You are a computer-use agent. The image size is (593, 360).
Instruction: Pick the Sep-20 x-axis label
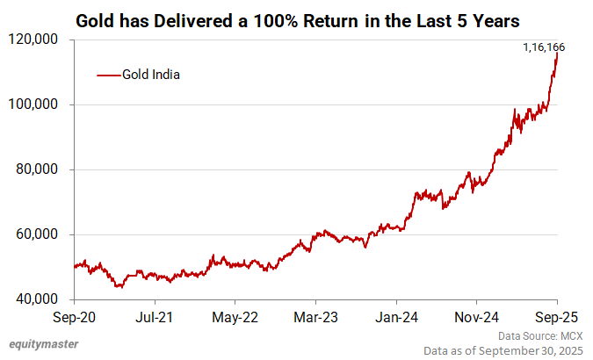coord(75,317)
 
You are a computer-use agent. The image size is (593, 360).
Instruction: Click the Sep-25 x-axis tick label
coord(556,317)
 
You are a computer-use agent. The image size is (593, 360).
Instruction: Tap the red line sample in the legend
coord(107,76)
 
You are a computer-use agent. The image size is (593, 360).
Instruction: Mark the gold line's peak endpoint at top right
coord(558,54)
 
